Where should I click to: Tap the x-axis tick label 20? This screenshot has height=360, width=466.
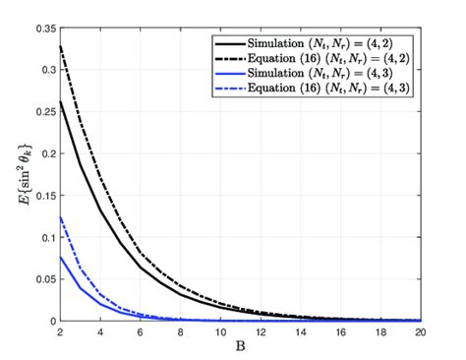421,331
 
